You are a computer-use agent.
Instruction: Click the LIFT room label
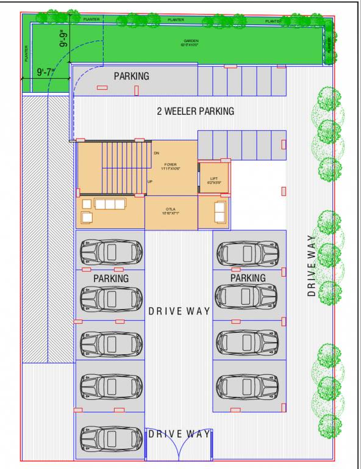[x=213, y=178]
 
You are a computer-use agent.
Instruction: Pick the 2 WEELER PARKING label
[x=195, y=111]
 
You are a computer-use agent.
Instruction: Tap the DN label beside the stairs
[x=157, y=153]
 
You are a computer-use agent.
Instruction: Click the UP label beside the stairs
[x=150, y=181]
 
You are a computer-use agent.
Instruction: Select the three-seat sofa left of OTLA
[x=109, y=204]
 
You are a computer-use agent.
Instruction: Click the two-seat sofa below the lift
[x=220, y=212]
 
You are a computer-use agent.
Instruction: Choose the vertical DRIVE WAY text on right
[x=312, y=265]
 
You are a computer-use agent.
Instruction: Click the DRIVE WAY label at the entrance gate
[x=179, y=434]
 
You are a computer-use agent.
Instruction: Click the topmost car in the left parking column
[x=112, y=252]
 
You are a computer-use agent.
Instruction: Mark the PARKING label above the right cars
[x=248, y=278]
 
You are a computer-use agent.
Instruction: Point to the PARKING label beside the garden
[x=131, y=76]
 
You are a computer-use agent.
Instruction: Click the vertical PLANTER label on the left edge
[x=27, y=54]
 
